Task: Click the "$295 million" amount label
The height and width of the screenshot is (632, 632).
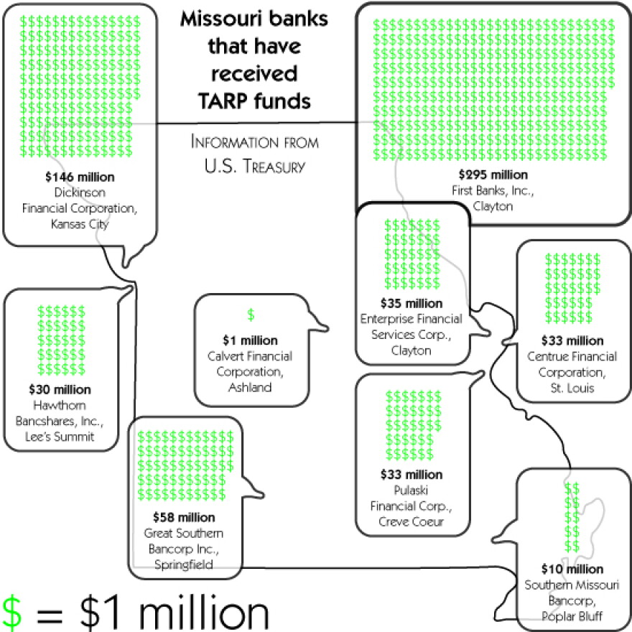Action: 493,175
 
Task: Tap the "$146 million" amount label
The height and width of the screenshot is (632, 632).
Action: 80,177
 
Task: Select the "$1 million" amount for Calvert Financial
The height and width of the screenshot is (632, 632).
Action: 250,340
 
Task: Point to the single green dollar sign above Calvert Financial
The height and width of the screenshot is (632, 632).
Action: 251,315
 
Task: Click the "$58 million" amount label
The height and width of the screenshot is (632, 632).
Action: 184,517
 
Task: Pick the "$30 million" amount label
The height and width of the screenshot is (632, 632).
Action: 60,389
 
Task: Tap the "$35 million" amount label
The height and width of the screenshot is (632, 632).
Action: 411,303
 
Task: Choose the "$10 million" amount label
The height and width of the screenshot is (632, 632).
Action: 572,569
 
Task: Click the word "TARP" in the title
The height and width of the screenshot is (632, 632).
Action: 223,101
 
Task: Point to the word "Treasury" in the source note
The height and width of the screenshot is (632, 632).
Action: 274,166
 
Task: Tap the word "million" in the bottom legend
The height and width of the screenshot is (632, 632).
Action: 203,613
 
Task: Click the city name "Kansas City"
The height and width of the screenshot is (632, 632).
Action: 80,223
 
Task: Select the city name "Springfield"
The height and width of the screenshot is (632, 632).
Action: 184,564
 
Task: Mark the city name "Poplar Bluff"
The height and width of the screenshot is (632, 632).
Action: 572,616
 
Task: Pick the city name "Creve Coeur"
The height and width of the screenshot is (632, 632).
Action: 411,521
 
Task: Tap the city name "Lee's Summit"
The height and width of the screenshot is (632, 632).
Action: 60,437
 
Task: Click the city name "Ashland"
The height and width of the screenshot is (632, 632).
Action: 250,387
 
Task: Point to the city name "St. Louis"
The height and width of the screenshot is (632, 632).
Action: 572,388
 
